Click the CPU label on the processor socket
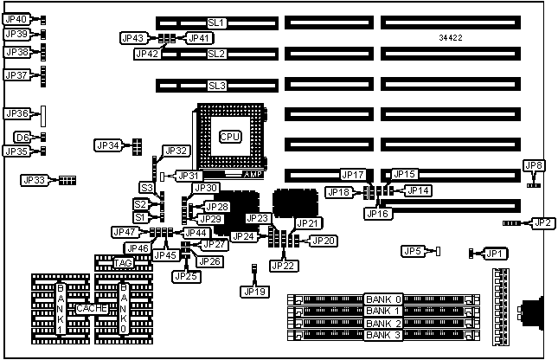coord(229,137)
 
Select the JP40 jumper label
coord(16,19)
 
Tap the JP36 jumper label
coord(17,113)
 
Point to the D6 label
coord(22,137)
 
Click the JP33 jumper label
coord(34,181)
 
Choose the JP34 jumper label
coord(108,145)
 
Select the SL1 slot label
coord(215,22)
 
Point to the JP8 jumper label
coord(534,165)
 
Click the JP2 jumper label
coord(542,223)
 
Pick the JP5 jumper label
coord(414,251)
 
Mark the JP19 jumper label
coord(253,291)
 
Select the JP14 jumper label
coord(418,190)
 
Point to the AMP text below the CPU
coord(253,174)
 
